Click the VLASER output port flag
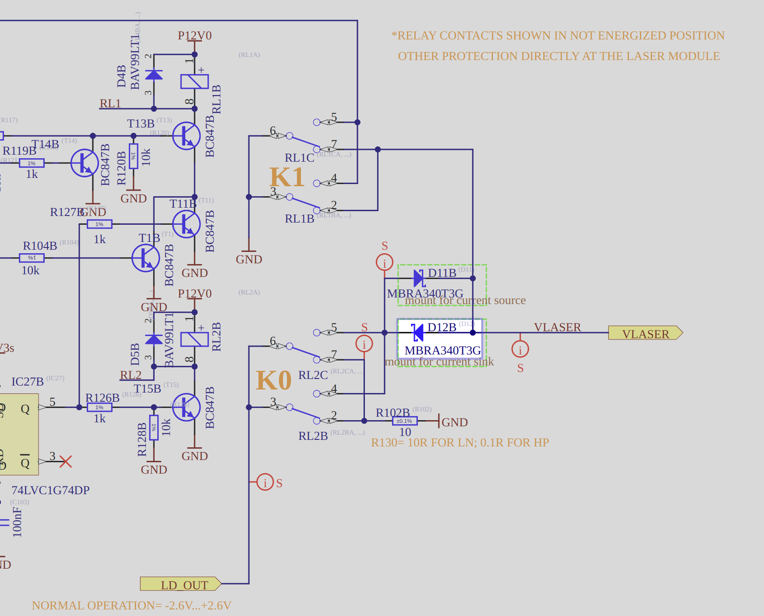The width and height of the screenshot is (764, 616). point(645,333)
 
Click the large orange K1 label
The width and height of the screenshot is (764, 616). point(287,177)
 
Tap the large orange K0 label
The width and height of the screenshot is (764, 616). point(274,380)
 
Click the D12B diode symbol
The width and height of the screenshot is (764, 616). point(417,333)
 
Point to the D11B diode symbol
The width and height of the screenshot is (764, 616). point(419,278)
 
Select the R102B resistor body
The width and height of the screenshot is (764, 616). point(404,421)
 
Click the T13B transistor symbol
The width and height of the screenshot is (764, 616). point(186,136)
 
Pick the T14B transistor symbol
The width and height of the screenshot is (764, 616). point(85,163)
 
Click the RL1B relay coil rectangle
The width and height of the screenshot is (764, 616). point(195,81)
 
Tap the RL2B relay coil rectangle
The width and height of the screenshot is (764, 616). point(195,340)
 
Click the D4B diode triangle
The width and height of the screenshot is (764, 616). point(154,75)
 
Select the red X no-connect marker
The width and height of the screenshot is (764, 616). point(66,461)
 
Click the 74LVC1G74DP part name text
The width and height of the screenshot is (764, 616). point(50,490)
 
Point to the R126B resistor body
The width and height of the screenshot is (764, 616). point(99,407)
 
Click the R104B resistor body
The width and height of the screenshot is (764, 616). point(32,258)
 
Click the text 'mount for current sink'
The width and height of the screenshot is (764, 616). point(439,362)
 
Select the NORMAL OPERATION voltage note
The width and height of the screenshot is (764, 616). point(131,605)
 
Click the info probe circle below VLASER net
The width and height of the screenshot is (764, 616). point(520,349)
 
